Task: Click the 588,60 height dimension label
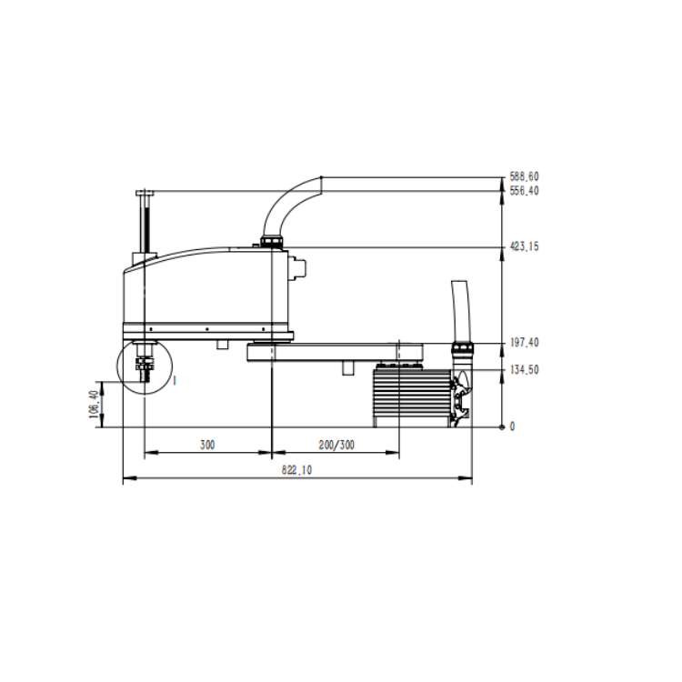(x=524, y=176)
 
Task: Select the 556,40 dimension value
(x=524, y=191)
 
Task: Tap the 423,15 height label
(x=524, y=246)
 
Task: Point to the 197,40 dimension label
(x=524, y=342)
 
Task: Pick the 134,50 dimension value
(x=524, y=370)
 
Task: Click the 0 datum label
(x=512, y=426)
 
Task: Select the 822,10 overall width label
(x=296, y=470)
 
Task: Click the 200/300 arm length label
(x=336, y=445)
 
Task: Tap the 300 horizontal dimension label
(x=207, y=445)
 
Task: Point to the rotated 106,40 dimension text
(x=93, y=404)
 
